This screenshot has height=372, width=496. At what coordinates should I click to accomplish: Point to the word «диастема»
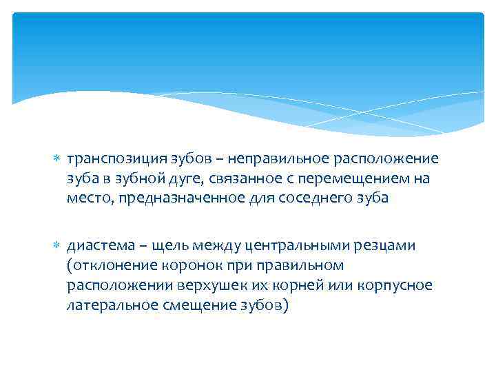click(96, 247)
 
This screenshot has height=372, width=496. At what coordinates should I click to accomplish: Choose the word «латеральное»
click(108, 303)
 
